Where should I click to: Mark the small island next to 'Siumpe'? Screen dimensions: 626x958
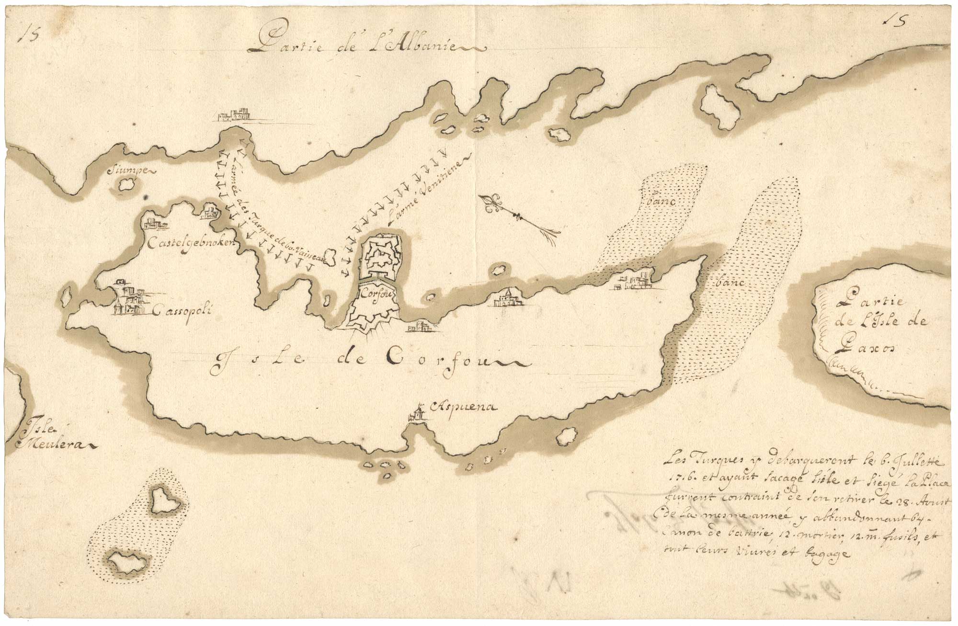(x=126, y=184)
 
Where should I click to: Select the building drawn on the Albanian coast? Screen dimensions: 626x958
(x=235, y=115)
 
